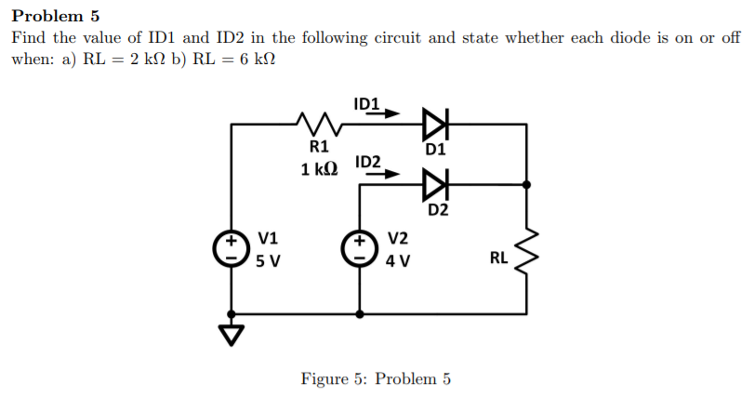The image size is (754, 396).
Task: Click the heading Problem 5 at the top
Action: (55, 16)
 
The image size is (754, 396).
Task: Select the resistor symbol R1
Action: (316, 122)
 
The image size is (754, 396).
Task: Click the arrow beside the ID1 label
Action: (390, 114)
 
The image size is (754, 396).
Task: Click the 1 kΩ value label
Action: (319, 169)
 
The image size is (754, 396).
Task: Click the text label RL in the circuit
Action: (498, 257)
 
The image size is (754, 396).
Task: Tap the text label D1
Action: (435, 148)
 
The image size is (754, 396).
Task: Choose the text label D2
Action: (439, 210)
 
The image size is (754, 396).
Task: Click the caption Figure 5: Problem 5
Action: (376, 378)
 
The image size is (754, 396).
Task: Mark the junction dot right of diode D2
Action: (527, 185)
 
